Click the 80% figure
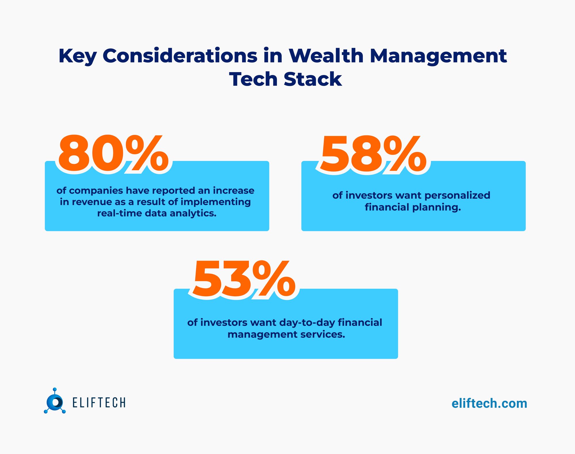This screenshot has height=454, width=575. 113,154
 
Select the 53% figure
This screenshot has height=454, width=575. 244,279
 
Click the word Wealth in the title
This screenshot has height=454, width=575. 326,56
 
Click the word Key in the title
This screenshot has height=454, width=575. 77,56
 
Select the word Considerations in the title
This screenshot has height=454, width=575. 180,56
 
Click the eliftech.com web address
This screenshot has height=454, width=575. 489,403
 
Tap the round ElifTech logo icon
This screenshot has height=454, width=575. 55,402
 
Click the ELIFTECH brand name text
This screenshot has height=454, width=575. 99,403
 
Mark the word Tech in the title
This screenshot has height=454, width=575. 253,79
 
